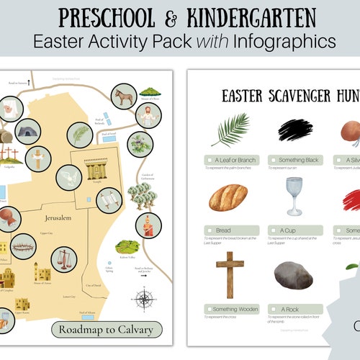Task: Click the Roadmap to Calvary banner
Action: (x=107, y=330)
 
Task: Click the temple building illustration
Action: (x=96, y=170)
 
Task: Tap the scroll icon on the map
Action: (x=109, y=199)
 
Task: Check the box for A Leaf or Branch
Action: (x=209, y=160)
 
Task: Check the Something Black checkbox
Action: (x=274, y=160)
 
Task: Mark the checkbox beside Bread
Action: (x=209, y=230)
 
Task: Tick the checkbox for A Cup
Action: (x=274, y=230)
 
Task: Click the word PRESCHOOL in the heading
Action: (x=111, y=15)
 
